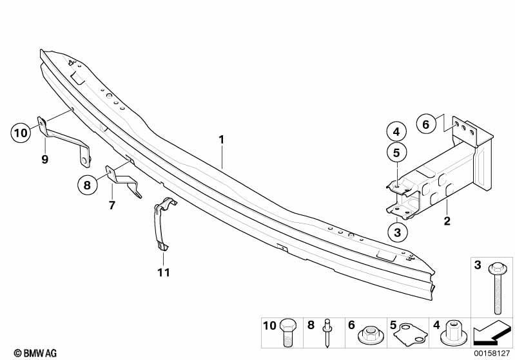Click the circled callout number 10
tap(21, 133)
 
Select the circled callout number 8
tap(88, 185)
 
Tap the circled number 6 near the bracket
tap(425, 124)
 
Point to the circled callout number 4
tap(396, 131)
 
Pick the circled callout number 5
tap(396, 153)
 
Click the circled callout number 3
tap(398, 232)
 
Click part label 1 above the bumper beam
tap(222, 140)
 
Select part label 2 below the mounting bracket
tap(447, 221)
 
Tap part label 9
tap(45, 160)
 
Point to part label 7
tap(112, 205)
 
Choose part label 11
tap(164, 272)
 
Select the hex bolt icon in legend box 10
tap(287, 332)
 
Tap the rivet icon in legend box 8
tap(328, 332)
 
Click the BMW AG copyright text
tap(35, 353)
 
